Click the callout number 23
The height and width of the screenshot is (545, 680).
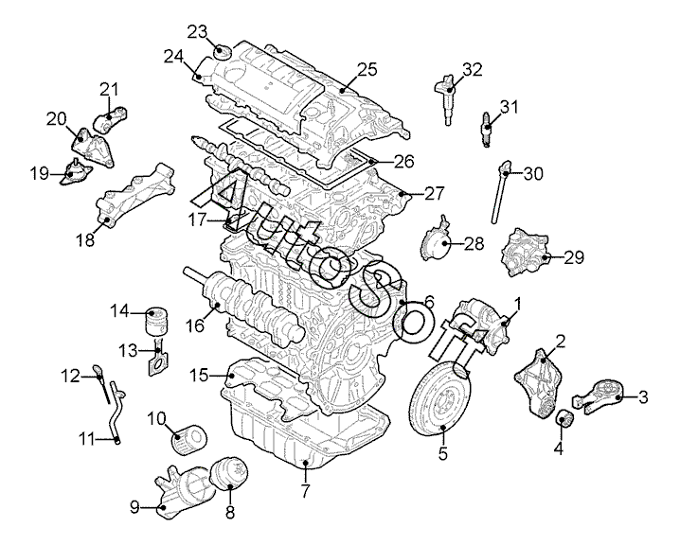coord(198,31)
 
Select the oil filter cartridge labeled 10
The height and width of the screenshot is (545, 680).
coord(188,439)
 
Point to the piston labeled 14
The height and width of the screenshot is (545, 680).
coord(155,322)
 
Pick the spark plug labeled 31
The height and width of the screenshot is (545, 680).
coord(487,129)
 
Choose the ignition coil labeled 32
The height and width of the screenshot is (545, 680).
coord(446,98)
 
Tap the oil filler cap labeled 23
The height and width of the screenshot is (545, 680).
coord(223,52)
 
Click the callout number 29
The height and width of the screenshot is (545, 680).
coord(574,257)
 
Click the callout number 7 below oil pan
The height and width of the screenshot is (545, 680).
coord(305,491)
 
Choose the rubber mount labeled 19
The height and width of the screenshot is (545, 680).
coord(75,173)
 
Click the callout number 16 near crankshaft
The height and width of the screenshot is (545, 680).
coord(196,325)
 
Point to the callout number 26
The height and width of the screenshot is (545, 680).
coord(403,161)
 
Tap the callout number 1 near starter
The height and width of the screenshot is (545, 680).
coord(517,304)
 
